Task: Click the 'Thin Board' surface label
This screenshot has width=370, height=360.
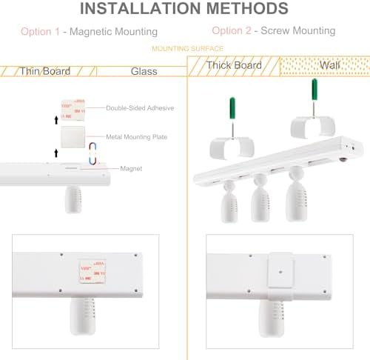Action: click(44, 71)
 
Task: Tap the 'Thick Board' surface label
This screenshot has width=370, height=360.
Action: click(234, 65)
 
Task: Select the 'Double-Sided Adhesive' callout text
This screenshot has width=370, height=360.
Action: click(140, 108)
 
